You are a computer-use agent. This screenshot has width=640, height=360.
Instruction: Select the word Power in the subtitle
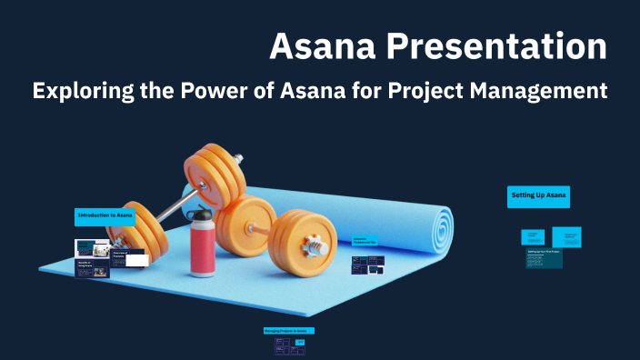click(x=229, y=92)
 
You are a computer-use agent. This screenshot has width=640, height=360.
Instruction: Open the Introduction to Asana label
click(x=105, y=215)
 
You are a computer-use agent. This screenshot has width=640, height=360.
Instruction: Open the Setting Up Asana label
click(x=539, y=195)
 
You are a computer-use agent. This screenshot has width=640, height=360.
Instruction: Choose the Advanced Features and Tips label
click(x=365, y=242)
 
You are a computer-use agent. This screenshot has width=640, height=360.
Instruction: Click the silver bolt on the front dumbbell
click(x=315, y=245)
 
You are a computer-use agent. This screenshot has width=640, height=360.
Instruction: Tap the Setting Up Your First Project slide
click(x=544, y=258)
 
